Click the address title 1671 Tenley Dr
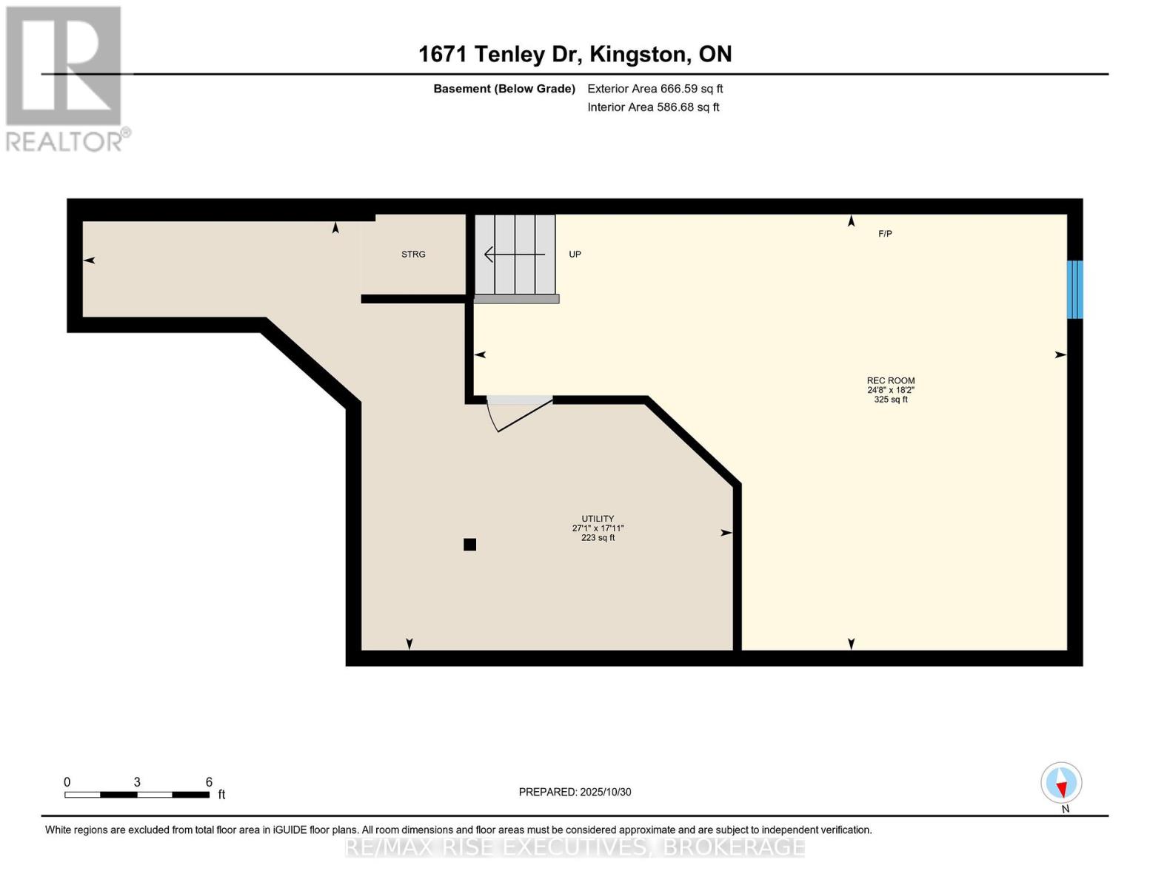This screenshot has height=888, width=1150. pyautogui.click(x=575, y=54)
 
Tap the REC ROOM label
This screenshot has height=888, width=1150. pyautogui.click(x=890, y=380)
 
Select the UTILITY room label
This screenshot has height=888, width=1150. pyautogui.click(x=598, y=519)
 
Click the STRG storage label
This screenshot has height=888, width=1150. pyautogui.click(x=413, y=255)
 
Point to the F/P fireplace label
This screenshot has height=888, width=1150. pyautogui.click(x=885, y=234)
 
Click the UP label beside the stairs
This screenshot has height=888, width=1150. pyautogui.click(x=575, y=255)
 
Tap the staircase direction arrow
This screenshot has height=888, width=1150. pyautogui.click(x=514, y=255)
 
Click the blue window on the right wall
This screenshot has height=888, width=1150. pyautogui.click(x=1074, y=289)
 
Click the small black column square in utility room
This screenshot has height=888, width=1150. pyautogui.click(x=469, y=545)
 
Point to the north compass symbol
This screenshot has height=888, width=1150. pyautogui.click(x=1062, y=784)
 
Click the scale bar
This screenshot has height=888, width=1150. pyautogui.click(x=137, y=795)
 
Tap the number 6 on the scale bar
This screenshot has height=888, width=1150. pyautogui.click(x=209, y=782)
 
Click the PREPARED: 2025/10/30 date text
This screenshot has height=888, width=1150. pyautogui.click(x=575, y=792)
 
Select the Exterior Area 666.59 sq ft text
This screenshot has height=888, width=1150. pyautogui.click(x=655, y=89)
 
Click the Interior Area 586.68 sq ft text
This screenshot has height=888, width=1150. pyautogui.click(x=653, y=107)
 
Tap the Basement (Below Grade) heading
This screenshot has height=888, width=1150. pyautogui.click(x=504, y=89)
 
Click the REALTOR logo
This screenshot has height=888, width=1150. pyautogui.click(x=65, y=78)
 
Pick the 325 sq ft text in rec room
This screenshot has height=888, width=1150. pyautogui.click(x=890, y=400)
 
